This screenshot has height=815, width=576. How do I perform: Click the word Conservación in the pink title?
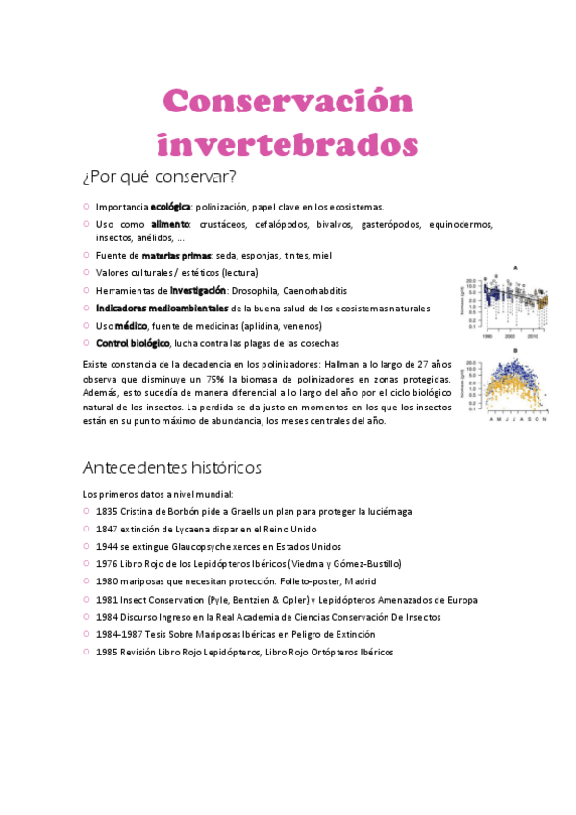pyautogui.click(x=288, y=102)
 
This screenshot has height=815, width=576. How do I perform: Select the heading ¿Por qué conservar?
pyautogui.click(x=159, y=177)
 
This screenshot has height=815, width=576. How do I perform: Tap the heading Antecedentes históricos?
pyautogui.click(x=172, y=468)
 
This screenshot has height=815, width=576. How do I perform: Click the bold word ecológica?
pyautogui.click(x=170, y=207)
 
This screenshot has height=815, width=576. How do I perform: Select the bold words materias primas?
pyautogui.click(x=176, y=256)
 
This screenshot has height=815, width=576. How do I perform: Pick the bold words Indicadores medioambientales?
pyautogui.click(x=162, y=308)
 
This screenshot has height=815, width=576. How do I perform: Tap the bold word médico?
pyautogui.click(x=131, y=326)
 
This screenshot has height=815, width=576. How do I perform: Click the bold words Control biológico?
pyautogui.click(x=133, y=343)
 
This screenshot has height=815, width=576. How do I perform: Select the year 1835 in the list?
pyautogui.click(x=107, y=511)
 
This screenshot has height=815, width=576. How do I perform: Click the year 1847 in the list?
pyautogui.click(x=107, y=529)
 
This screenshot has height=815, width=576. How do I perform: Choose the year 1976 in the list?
pyautogui.click(x=107, y=564)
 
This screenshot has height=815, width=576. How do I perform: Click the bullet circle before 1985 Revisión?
pyautogui.click(x=87, y=652)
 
